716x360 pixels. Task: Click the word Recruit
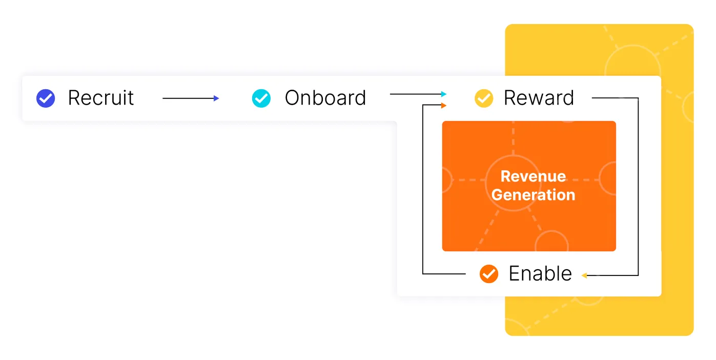point(100,98)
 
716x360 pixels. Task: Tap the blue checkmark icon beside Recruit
point(46,98)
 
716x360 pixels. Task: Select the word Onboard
point(325,98)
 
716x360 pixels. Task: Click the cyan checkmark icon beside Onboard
point(261,98)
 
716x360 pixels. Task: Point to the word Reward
point(539,98)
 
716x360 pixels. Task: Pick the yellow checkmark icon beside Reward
point(484,98)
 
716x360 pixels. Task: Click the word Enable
point(540,274)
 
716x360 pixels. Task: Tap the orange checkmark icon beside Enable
point(488,274)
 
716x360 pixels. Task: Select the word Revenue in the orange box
point(533,176)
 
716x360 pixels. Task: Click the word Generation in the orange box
point(533,195)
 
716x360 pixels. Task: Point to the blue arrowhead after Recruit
point(217,98)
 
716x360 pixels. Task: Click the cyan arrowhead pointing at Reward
point(444,94)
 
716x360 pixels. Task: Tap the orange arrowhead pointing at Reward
point(444,106)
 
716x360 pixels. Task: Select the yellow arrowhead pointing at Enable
point(584,276)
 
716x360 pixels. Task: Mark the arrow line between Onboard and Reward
point(415,94)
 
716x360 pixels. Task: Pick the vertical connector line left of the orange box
point(423,190)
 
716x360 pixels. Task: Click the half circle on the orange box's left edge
point(446,180)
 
